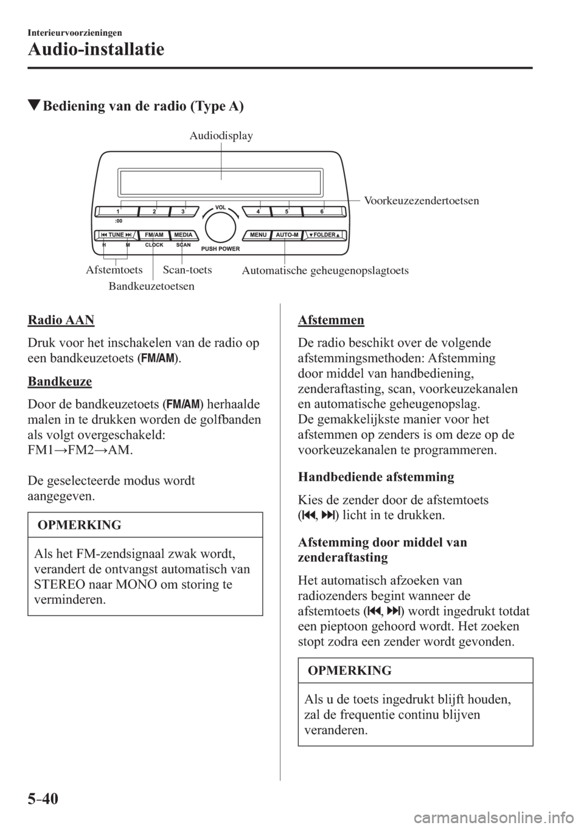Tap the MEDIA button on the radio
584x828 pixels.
point(182,235)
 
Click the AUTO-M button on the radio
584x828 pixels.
point(286,235)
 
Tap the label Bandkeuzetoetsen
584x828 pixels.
point(151,284)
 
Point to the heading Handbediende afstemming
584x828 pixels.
point(376,477)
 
